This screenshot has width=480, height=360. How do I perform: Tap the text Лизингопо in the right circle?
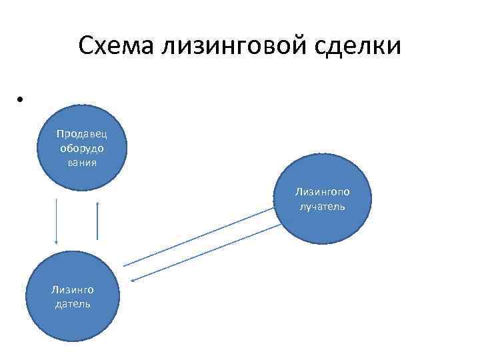click(322, 192)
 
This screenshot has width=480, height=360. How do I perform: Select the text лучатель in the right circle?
click(322, 206)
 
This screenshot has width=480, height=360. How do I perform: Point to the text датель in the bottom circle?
click(72, 303)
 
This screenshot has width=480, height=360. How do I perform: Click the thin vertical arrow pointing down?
click(56, 220)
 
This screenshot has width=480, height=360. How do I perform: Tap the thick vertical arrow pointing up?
click(97, 220)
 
